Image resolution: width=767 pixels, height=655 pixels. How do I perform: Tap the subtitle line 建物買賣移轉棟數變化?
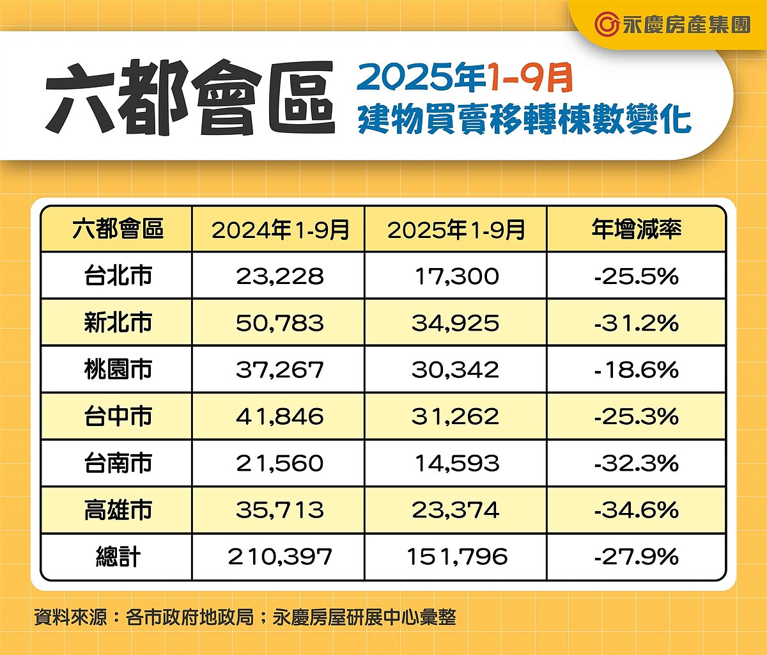pos(524,120)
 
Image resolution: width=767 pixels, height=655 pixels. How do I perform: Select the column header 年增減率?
pos(636,229)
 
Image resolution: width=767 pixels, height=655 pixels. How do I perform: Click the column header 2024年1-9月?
pos(280,229)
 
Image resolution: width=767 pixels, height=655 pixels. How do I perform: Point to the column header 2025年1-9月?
pos(456,229)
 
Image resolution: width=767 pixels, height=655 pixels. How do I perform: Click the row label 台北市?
pos(118,276)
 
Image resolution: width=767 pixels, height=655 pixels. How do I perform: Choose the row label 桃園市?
pos(118,369)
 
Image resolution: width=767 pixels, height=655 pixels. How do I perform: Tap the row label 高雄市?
pos(118,510)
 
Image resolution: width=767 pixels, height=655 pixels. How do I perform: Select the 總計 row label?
pos(118,556)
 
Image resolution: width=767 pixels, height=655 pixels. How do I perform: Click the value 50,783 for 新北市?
pos(280,323)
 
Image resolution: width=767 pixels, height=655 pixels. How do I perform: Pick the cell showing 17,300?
pos(456,276)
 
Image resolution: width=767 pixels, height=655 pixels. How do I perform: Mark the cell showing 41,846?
pos(280,416)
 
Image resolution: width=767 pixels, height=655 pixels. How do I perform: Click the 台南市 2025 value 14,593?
pos(456,463)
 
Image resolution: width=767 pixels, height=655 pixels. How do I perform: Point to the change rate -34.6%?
pos(636,510)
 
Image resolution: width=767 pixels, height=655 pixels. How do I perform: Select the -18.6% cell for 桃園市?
pos(636,370)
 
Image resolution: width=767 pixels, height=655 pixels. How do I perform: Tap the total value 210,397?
pos(280,556)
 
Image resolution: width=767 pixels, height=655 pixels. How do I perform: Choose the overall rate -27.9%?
pos(636,556)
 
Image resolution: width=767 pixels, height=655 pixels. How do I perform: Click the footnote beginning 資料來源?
pos(245,617)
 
